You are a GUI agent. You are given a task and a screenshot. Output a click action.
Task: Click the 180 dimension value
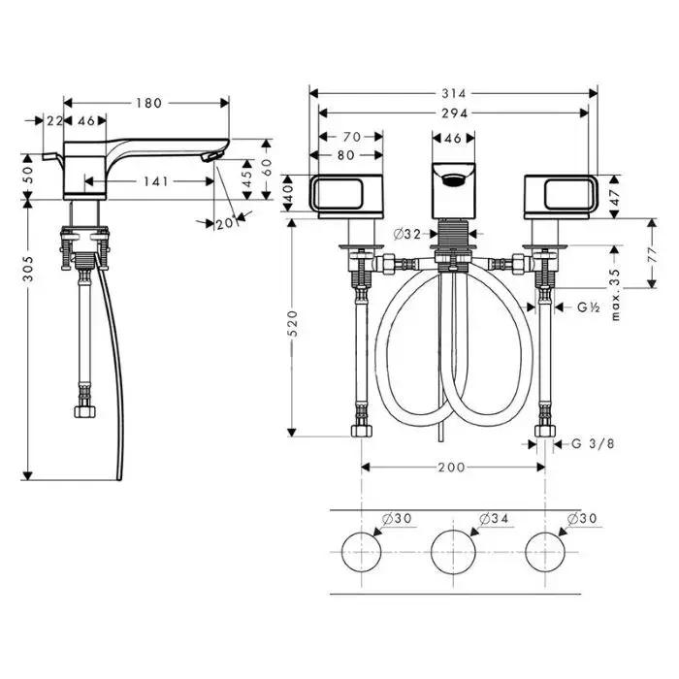pyautogui.click(x=149, y=103)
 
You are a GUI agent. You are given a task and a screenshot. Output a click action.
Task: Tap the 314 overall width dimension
pyautogui.click(x=454, y=93)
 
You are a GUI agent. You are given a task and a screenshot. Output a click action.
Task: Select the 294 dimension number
pyautogui.click(x=455, y=113)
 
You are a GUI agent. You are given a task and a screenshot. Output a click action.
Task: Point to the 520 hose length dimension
pyautogui.click(x=293, y=323)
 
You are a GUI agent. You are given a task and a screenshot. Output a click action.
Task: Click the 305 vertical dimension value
pyautogui.click(x=28, y=269)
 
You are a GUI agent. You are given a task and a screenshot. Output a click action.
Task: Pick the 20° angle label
pyautogui.click(x=226, y=223)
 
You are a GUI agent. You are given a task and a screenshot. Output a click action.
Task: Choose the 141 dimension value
pyautogui.click(x=156, y=181)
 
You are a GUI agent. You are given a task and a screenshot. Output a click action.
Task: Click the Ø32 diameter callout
pyautogui.click(x=407, y=235)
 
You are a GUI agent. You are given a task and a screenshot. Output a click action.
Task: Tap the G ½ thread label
pyautogui.click(x=589, y=307)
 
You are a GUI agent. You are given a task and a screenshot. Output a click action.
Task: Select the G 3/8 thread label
pyautogui.click(x=593, y=444)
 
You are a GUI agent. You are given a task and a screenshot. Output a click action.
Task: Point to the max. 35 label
pyautogui.click(x=615, y=295)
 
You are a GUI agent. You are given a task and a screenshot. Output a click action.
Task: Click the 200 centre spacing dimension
pyautogui.click(x=452, y=468)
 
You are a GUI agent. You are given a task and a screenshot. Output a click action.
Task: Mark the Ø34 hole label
pyautogui.click(x=494, y=518)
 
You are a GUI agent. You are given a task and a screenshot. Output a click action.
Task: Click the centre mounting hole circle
pyautogui.click(x=453, y=552)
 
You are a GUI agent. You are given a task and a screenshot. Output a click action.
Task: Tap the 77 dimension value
pyautogui.click(x=653, y=254)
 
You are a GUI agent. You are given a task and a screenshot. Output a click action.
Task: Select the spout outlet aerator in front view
pyautogui.click(x=453, y=179)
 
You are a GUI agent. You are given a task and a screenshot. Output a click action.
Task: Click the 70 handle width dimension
pyautogui.click(x=352, y=137)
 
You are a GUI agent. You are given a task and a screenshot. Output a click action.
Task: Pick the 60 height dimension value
pyautogui.click(x=267, y=167)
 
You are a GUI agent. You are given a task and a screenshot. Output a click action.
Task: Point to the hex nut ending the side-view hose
pyautogui.click(x=85, y=411)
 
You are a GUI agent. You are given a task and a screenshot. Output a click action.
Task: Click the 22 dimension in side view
pyautogui.click(x=54, y=121)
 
